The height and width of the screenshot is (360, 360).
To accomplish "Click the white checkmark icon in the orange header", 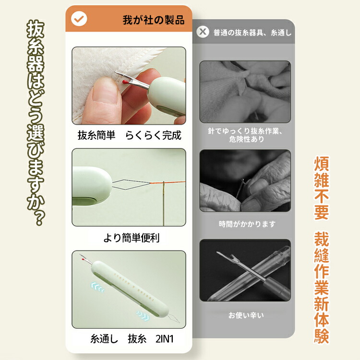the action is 79,19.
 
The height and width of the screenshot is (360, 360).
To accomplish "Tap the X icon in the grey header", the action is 203,32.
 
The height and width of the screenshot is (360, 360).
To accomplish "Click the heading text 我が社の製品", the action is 154,20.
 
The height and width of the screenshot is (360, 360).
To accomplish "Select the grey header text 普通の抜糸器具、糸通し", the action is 252,33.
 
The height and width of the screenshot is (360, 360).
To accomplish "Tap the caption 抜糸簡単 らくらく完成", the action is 129,135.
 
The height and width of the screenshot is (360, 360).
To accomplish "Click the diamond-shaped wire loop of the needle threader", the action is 131,184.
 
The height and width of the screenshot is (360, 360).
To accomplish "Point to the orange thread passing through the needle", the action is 168,182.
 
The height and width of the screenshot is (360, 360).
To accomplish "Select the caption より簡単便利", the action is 132,238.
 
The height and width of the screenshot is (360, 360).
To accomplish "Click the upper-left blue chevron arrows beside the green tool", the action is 97,287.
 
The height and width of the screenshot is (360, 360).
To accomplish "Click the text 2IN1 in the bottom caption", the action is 165,339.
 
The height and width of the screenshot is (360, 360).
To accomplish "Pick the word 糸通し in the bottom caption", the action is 104,339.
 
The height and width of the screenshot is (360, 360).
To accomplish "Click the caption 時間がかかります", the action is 247,224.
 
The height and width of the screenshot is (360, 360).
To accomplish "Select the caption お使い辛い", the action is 246,315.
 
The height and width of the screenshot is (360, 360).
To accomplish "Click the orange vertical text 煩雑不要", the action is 322,188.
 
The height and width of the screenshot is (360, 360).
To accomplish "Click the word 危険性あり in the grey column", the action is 246,139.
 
